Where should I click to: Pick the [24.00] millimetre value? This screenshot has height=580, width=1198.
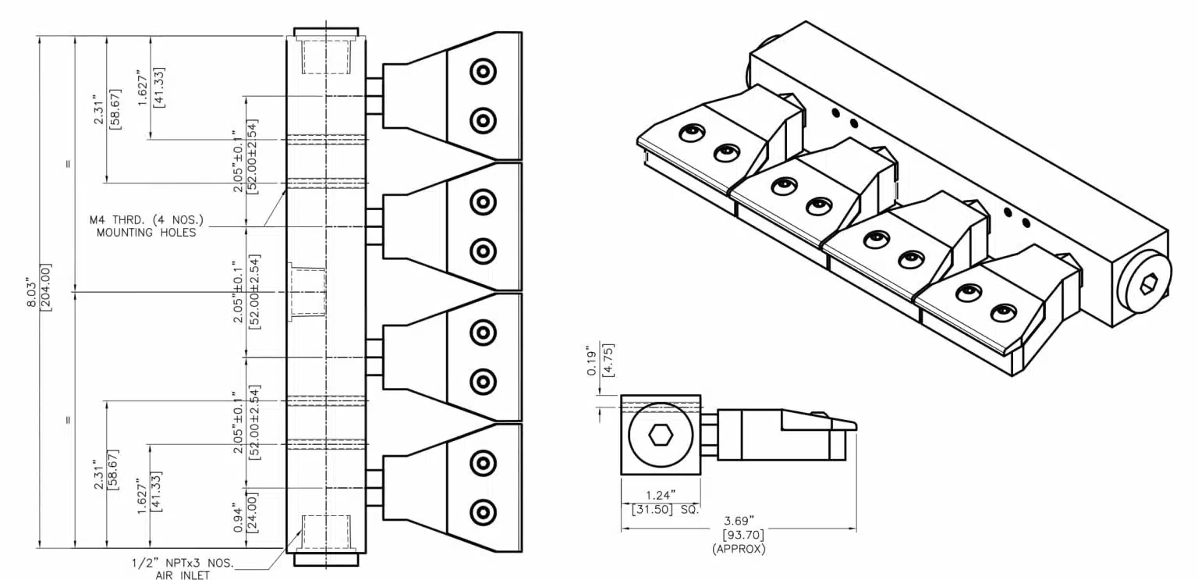[x=252, y=512]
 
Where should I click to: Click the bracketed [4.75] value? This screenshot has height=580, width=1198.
[x=608, y=360]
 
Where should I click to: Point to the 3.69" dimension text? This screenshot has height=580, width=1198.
[x=738, y=520]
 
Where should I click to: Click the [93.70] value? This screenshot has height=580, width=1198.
[x=739, y=535]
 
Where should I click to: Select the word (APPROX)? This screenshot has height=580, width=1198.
[x=739, y=549]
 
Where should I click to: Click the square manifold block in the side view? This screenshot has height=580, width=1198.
[x=659, y=434]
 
